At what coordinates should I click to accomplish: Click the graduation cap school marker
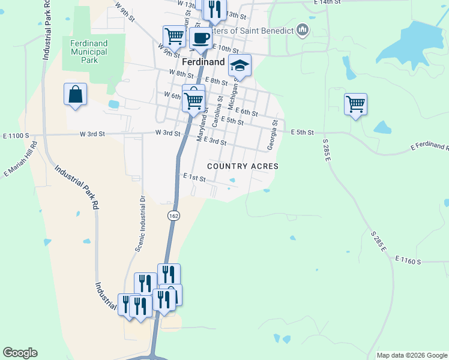240,65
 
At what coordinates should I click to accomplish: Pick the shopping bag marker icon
75,94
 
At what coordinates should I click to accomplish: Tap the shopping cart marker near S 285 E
355,104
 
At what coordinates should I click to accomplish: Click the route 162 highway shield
173,215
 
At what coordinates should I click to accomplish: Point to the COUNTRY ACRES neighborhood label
243,166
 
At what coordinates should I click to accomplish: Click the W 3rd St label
167,133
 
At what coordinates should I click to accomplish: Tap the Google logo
20,353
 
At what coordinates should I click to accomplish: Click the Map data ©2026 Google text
411,355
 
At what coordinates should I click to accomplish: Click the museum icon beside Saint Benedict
302,30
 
